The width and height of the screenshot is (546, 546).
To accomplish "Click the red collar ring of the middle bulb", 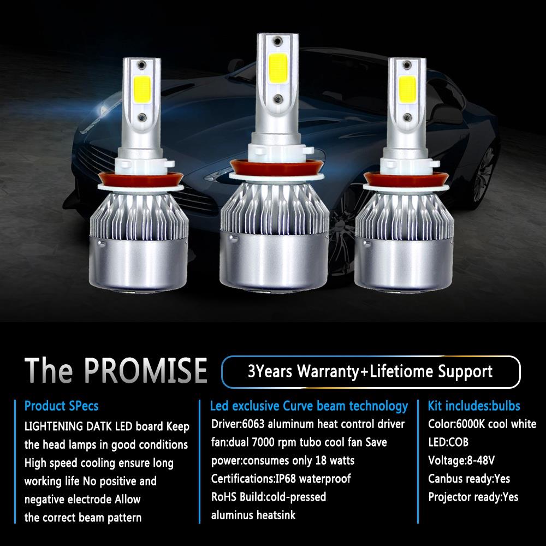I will tap(272, 164).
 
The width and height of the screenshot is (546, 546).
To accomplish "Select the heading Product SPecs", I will tap(62, 406).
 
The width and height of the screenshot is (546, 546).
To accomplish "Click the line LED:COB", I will tap(448, 442).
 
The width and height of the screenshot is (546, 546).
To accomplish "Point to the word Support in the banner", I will tap(465, 372).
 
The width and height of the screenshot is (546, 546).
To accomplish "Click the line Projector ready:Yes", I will tap(473, 497).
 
